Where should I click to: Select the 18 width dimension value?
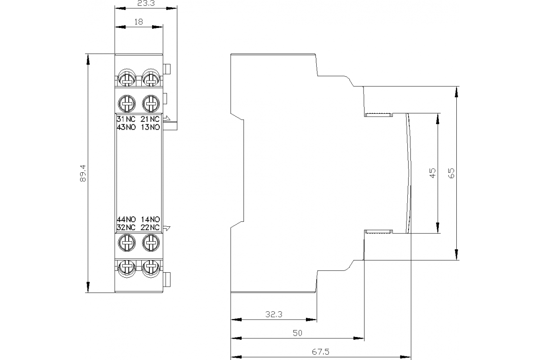pos(138,21)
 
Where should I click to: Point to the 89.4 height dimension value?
pos(82,173)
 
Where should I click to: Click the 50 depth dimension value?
pos(297,333)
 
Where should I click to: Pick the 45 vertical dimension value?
pos(432,173)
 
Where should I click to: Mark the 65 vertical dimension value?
pos(452,173)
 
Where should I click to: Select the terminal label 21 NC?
pos(150,119)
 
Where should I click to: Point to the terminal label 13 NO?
pos(150,127)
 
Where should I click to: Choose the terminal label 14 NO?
pos(150,220)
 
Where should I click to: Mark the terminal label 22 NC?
pos(150,227)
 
